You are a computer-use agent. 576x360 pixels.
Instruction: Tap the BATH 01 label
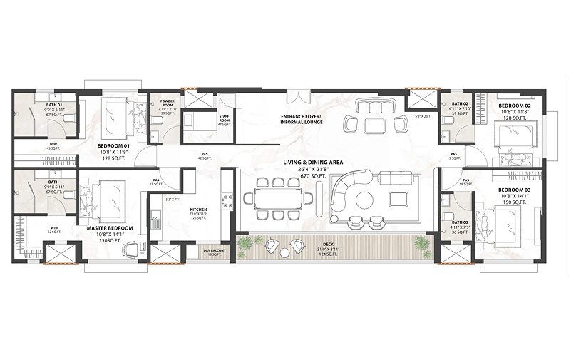click(x=54, y=105)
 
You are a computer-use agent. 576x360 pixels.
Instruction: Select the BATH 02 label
click(x=461, y=105)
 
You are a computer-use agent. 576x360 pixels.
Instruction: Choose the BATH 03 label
click(x=460, y=222)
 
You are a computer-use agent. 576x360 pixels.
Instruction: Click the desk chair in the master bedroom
click(x=130, y=249)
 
